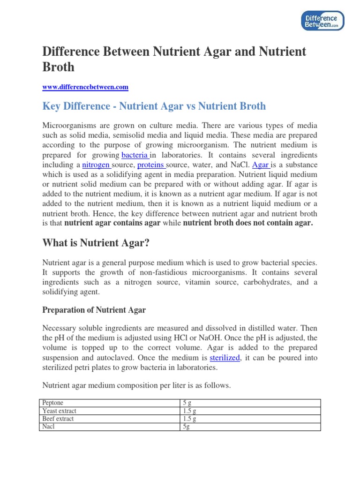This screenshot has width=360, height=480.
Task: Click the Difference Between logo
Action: pos(322,20)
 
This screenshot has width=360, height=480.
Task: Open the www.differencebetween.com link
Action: pos(85,87)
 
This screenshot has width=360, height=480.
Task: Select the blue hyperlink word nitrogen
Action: pos(96,165)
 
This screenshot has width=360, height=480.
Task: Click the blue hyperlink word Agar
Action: pos(261,165)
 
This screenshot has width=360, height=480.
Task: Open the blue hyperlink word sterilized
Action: pos(225,358)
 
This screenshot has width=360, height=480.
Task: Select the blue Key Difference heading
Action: pos(154,106)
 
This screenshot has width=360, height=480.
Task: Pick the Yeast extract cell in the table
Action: pos(59,411)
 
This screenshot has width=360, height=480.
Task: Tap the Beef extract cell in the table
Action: pos(58,419)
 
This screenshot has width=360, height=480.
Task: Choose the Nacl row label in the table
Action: pos(48,427)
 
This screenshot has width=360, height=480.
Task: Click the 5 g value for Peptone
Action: pos(187,403)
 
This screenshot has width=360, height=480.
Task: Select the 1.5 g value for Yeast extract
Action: pos(190,411)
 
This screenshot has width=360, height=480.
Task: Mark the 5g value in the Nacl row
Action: pos(187,427)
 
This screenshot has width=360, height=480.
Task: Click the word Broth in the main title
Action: pos(59,67)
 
